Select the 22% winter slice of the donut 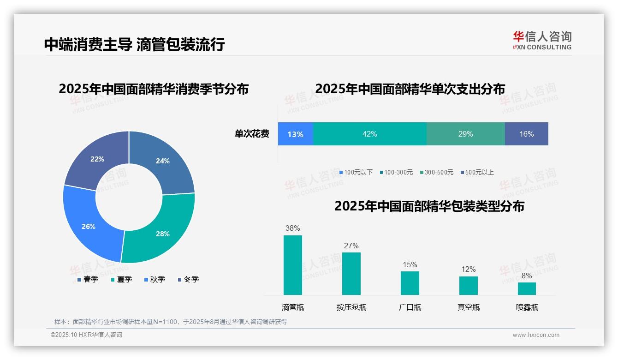[x=97, y=159]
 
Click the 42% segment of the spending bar [x=370, y=134]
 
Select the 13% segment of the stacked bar [x=296, y=134]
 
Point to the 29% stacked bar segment [x=466, y=134]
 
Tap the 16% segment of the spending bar [x=527, y=134]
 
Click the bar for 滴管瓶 [x=293, y=265]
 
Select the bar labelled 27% [x=351, y=273]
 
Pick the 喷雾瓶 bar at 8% [x=527, y=288]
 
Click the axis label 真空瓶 [x=469, y=307]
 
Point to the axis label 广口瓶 [x=410, y=307]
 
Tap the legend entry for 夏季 [x=122, y=279]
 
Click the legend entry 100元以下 [x=356, y=172]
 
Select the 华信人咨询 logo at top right [x=542, y=40]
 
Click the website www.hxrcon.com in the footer [x=536, y=335]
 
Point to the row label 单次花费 [x=252, y=134]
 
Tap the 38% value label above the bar [x=293, y=228]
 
